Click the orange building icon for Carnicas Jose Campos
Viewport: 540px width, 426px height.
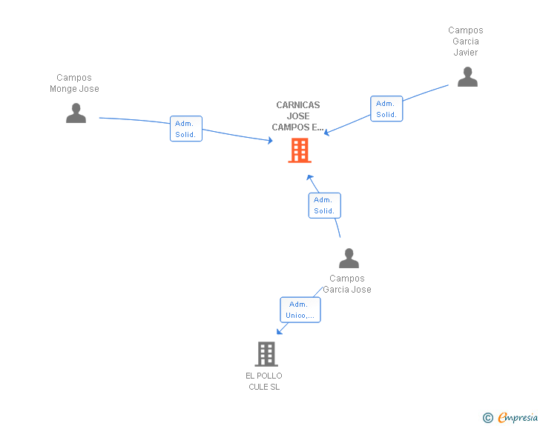point(299,150)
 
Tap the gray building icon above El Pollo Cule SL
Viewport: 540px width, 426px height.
point(266,354)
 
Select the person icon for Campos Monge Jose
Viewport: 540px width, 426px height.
point(76,113)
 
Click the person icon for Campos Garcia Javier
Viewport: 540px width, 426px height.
point(467,77)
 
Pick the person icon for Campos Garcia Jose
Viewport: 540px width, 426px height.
point(349,259)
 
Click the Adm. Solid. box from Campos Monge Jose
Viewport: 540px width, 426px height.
point(185,129)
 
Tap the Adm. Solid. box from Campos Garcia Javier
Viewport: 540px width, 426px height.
point(386,109)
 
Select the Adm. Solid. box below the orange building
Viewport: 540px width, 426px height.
point(324,205)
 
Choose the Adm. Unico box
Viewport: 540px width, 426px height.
point(300,310)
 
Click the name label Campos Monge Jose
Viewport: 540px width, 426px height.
point(74,83)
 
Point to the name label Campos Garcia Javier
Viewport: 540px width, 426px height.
point(466,41)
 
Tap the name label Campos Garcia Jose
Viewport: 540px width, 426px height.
point(347,284)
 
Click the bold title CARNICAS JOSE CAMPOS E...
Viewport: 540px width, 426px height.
point(298,116)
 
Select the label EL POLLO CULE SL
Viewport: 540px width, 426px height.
point(264,381)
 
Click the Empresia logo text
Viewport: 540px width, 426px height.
point(517,418)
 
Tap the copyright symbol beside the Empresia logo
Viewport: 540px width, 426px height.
point(487,418)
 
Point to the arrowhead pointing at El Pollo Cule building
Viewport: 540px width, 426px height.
point(281,330)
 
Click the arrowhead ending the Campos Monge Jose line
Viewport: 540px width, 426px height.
point(270,140)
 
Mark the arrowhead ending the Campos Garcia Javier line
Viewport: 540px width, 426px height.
point(326,133)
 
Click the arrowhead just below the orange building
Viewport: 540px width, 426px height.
point(311,178)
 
